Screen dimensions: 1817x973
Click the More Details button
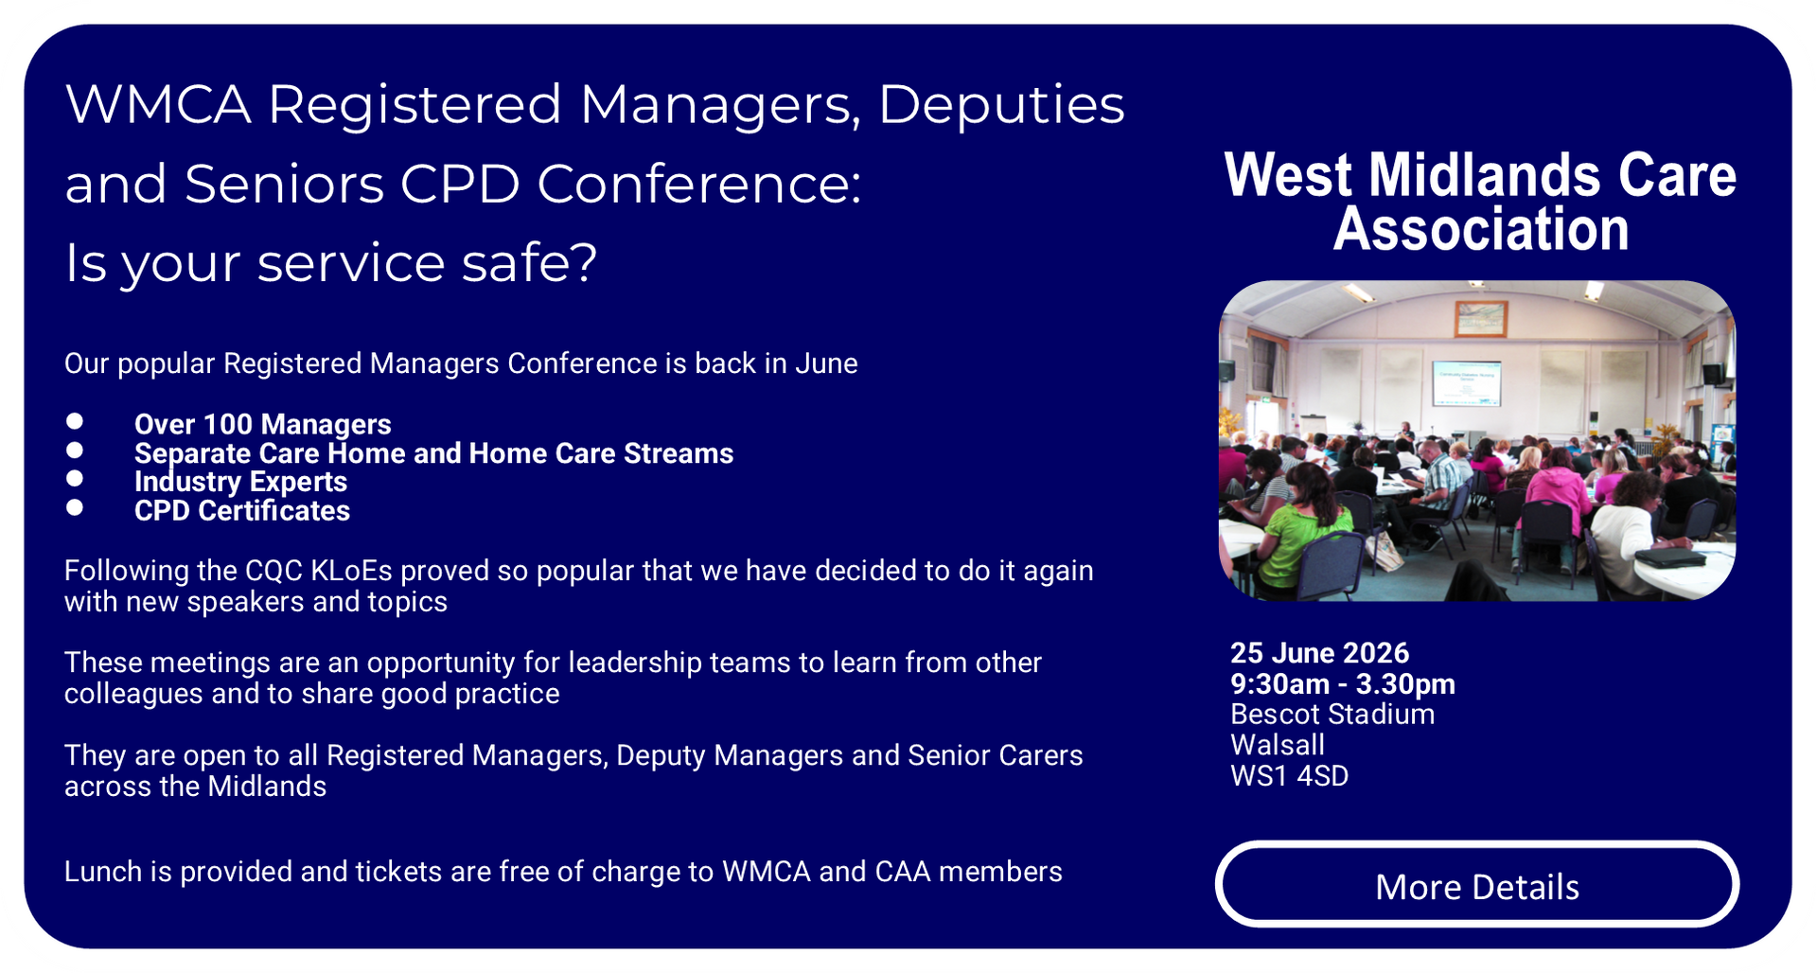click(1476, 885)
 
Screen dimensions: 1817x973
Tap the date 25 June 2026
click(1319, 653)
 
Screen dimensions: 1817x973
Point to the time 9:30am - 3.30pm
click(1343, 683)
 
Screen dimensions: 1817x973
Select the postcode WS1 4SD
click(1289, 776)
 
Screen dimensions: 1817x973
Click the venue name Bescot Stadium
click(1332, 715)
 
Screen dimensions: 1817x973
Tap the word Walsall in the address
click(1278, 745)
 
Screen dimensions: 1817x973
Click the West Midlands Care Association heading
click(1480, 202)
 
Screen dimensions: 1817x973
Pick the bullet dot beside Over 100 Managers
click(75, 421)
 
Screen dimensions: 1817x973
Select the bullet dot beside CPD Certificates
click(75, 507)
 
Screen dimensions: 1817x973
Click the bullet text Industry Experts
click(240, 482)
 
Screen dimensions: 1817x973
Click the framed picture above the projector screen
click(1481, 318)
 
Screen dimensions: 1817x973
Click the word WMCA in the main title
click(158, 103)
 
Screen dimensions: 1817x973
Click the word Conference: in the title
click(699, 183)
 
